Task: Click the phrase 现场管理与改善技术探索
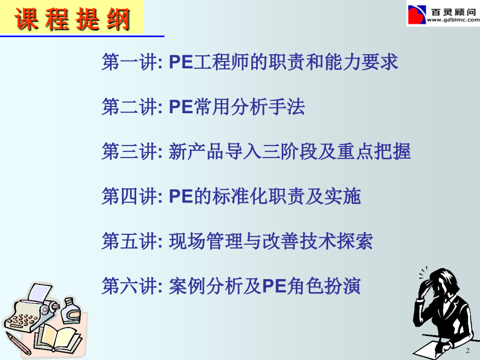point(271,241)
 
